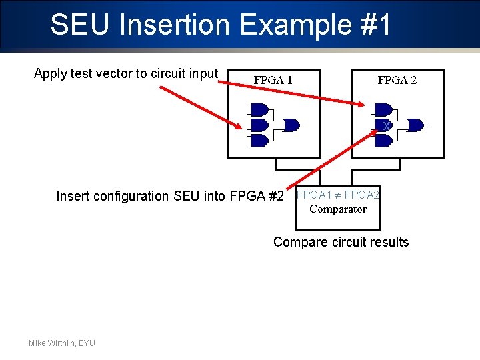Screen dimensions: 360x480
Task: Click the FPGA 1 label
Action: (x=273, y=81)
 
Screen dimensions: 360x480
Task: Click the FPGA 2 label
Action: (x=397, y=81)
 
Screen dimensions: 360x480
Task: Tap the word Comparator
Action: (x=337, y=209)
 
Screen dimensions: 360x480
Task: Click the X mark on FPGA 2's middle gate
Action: (x=385, y=126)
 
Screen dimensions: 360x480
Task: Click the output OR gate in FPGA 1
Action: (x=291, y=125)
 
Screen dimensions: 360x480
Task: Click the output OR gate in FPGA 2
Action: (x=415, y=125)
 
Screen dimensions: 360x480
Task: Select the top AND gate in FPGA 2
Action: (x=383, y=109)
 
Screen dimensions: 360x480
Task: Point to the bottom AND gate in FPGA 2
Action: (x=383, y=141)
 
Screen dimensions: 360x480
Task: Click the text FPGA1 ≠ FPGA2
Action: (x=338, y=195)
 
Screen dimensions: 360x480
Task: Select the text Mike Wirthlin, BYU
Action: (x=62, y=343)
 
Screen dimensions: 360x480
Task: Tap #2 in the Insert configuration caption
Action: (x=275, y=196)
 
